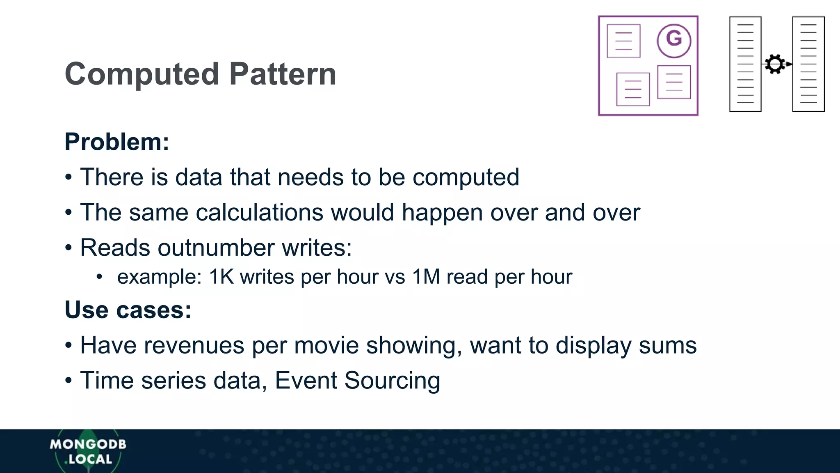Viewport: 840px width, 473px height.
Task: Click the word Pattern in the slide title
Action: point(283,74)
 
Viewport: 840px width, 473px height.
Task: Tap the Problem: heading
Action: point(117,142)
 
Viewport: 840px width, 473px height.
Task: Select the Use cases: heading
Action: point(128,310)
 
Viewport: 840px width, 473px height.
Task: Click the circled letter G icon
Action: point(674,41)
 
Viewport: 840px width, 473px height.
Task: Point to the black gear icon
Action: point(775,64)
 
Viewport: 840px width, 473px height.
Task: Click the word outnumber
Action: point(216,248)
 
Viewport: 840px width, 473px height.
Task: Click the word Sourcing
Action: point(392,381)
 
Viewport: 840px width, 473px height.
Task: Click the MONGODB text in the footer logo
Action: point(88,444)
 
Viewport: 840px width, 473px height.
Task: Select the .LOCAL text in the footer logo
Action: point(88,459)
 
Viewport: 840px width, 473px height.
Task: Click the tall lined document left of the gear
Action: point(745,64)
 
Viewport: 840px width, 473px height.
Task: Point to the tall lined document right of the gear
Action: point(808,64)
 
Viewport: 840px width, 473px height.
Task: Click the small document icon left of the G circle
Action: point(623,41)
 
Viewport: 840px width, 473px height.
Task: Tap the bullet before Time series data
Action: point(68,381)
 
